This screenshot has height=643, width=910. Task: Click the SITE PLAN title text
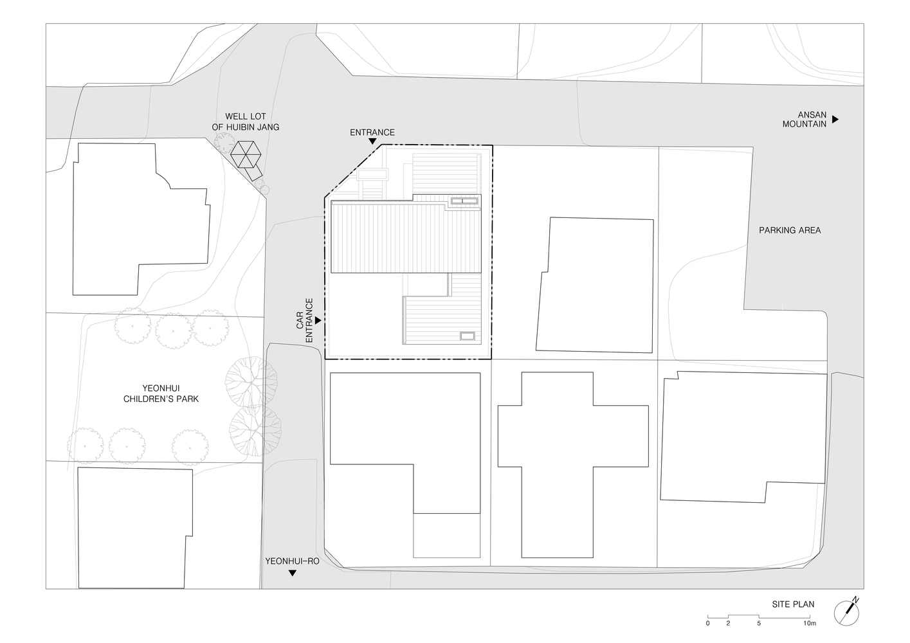[x=793, y=604]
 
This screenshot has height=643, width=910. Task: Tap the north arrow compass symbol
[x=846, y=613]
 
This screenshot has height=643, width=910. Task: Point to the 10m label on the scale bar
[x=809, y=623]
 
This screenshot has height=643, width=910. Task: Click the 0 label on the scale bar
[x=707, y=623]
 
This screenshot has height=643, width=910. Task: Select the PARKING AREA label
[x=790, y=230]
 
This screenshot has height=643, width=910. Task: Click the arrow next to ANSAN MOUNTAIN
[x=835, y=120]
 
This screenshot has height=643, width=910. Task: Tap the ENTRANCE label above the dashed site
[x=372, y=132]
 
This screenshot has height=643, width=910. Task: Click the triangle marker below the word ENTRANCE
[x=372, y=141]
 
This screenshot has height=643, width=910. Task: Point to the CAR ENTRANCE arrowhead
[x=318, y=320]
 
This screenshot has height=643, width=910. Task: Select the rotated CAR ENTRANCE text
[x=304, y=320]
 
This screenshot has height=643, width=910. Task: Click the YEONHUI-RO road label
[x=292, y=561]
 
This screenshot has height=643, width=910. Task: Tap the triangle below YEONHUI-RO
[x=292, y=573]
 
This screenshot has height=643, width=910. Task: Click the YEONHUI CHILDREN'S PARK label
[x=161, y=394]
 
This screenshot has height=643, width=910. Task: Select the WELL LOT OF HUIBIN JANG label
[x=246, y=122]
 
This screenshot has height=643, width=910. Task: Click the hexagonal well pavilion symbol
[x=246, y=154]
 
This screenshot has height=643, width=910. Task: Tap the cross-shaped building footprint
[x=573, y=465]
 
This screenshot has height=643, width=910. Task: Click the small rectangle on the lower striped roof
[x=467, y=336]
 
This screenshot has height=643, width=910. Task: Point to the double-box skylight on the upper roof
[x=464, y=201]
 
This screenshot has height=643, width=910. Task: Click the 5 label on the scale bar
[x=758, y=623]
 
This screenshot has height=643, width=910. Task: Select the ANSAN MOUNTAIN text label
[x=805, y=120]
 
